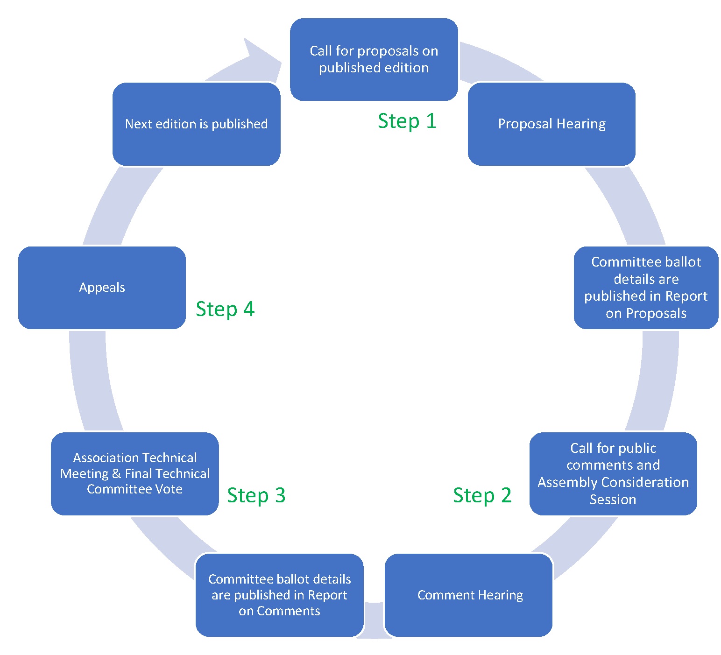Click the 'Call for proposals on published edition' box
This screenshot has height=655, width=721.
tap(374, 59)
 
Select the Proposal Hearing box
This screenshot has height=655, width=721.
tap(551, 124)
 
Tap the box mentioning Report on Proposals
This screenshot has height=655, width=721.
tap(646, 288)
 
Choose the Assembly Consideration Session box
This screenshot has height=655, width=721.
tap(613, 473)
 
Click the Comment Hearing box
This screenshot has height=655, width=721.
tap(468, 595)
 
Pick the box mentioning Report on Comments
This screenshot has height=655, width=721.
tap(279, 595)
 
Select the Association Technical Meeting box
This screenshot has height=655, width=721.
tap(134, 473)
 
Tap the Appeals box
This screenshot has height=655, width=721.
tap(102, 288)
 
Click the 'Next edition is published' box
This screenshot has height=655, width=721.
tap(196, 124)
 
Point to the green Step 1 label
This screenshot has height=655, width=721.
tap(407, 121)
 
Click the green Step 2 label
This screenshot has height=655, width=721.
tap(482, 495)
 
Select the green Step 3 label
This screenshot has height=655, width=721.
tap(256, 495)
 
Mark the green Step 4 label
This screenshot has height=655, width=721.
tap(225, 309)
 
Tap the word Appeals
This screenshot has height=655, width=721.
tap(102, 288)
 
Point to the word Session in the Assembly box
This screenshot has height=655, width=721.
tap(613, 500)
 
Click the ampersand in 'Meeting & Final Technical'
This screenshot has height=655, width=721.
tap(116, 474)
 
